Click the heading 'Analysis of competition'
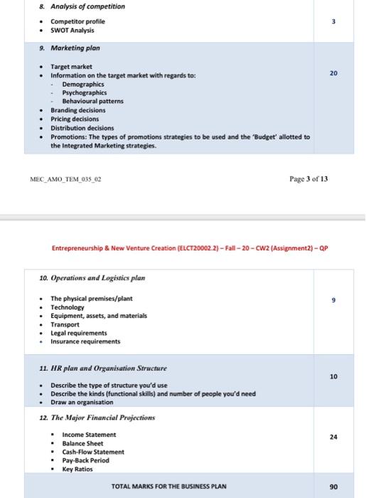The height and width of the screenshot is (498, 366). (x=72, y=6)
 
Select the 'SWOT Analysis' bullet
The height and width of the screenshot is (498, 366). (x=72, y=31)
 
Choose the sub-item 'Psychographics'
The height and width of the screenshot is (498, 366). (x=85, y=92)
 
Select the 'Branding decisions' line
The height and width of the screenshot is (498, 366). (x=78, y=110)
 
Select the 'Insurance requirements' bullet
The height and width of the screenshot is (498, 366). (x=85, y=341)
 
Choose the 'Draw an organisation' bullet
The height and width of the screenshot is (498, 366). (x=82, y=403)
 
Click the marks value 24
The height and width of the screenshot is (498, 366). (x=332, y=438)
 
